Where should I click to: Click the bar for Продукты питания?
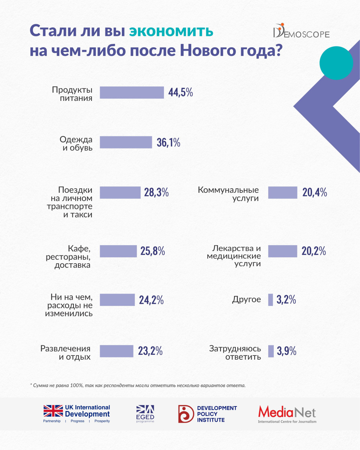click(132, 93)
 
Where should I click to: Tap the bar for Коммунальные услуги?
click(282, 193)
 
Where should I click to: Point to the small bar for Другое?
click(271, 300)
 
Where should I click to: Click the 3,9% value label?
click(287, 351)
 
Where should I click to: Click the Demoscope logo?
click(301, 33)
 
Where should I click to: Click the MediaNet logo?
click(287, 414)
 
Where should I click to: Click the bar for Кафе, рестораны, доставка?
click(118, 251)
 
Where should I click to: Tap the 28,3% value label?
click(156, 193)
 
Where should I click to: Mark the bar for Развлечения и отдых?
click(116, 351)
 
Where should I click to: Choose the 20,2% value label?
click(313, 251)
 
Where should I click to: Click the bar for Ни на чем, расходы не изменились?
click(117, 300)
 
